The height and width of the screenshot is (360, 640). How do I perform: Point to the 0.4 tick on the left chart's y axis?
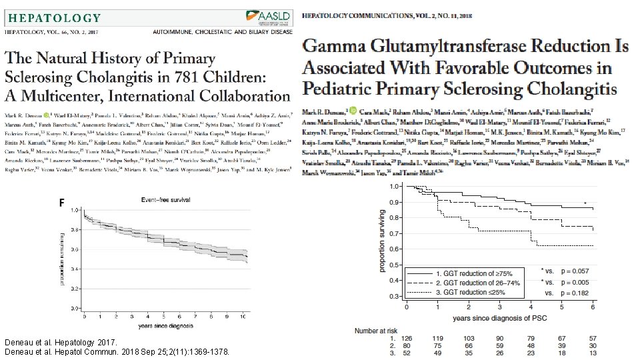(x=75, y=280)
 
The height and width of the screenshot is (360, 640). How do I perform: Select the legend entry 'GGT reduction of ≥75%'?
(x=473, y=274)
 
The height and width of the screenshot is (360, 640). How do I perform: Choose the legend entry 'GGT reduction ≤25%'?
(x=473, y=292)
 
